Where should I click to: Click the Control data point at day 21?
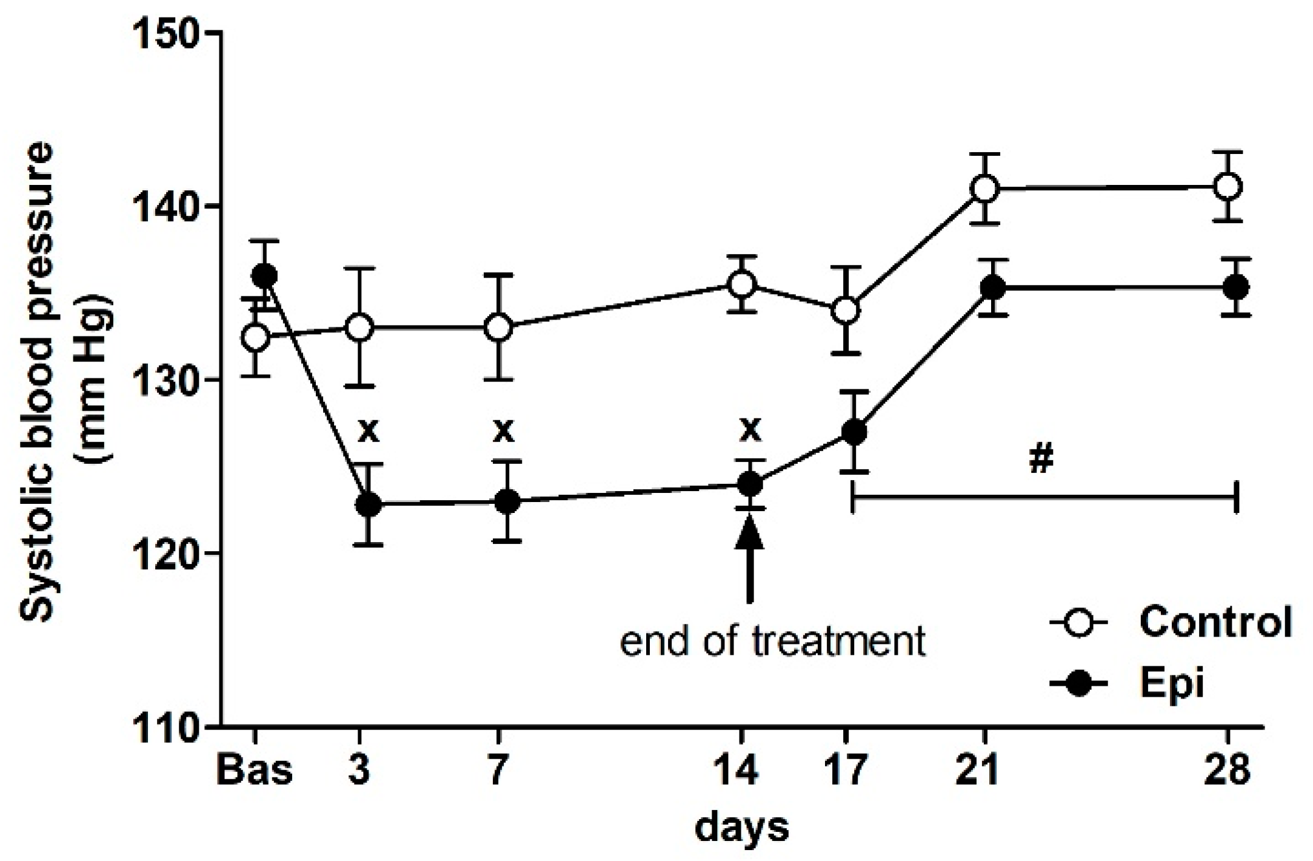click(985, 189)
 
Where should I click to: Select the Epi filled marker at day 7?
click(507, 501)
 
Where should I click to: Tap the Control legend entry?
click(1215, 623)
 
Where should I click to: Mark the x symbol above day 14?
click(750, 430)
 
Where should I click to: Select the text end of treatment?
click(773, 642)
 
